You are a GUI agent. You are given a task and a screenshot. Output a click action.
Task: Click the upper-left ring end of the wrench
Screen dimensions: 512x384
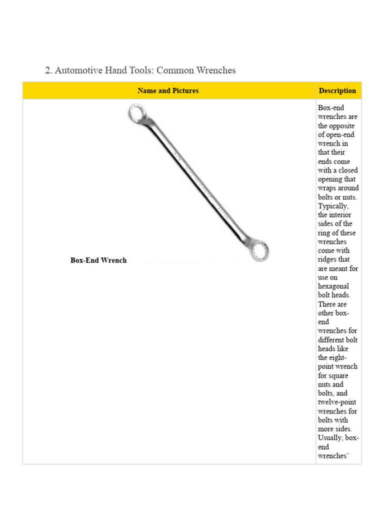point(136,113)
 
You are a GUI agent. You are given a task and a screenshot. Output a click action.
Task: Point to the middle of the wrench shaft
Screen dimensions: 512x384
point(198,181)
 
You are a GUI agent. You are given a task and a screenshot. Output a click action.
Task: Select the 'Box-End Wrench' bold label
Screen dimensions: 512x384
point(98,260)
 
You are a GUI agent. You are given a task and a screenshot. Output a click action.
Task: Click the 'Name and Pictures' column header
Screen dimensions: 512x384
point(168,90)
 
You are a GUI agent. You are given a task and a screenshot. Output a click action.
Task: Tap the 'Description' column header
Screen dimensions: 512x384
point(337,90)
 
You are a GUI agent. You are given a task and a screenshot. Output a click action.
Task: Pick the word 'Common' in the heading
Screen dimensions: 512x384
point(173,70)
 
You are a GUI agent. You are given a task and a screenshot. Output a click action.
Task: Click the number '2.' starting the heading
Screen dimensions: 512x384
point(48,70)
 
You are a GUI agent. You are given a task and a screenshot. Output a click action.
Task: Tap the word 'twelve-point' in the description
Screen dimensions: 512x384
point(337,402)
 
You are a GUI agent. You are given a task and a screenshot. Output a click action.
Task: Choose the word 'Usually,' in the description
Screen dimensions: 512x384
point(330,438)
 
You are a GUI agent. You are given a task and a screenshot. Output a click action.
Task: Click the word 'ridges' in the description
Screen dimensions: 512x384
point(328,259)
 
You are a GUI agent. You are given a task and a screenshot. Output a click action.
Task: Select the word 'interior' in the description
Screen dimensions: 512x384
point(340,215)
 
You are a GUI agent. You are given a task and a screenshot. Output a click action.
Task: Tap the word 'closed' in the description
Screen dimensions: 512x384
point(347,170)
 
